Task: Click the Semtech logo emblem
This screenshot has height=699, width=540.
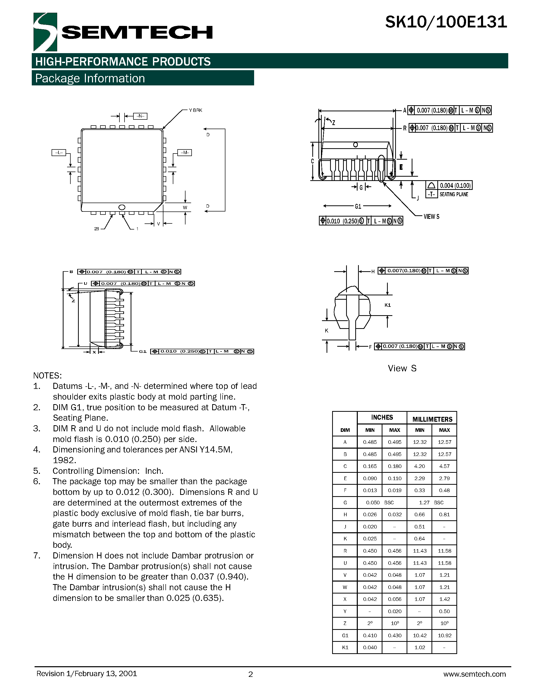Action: coord(45,32)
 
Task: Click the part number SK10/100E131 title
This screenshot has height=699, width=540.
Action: coord(446,22)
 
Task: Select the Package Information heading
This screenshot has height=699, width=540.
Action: coord(90,78)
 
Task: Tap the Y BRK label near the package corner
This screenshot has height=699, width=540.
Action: coord(195,110)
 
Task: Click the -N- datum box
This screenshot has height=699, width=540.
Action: coord(140,116)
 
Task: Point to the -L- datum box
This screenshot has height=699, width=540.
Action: coord(58,153)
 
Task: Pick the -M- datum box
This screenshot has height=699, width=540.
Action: coord(184,153)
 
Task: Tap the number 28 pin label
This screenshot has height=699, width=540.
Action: coord(97,229)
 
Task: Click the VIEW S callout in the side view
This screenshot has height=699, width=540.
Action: coord(431,217)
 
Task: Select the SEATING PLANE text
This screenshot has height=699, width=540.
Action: coord(453,194)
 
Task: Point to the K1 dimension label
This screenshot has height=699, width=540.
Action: coord(388,305)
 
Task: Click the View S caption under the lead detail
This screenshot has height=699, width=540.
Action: coord(402,368)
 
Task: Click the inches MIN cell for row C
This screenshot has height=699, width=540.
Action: coord(369,466)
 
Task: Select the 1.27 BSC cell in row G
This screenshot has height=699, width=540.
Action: coord(431,503)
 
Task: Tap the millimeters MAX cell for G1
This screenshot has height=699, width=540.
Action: coord(444,635)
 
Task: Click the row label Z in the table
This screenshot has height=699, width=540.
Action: coord(345,623)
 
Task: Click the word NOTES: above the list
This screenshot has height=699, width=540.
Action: coord(47,375)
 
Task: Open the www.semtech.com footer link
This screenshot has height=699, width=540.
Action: coord(474,674)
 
